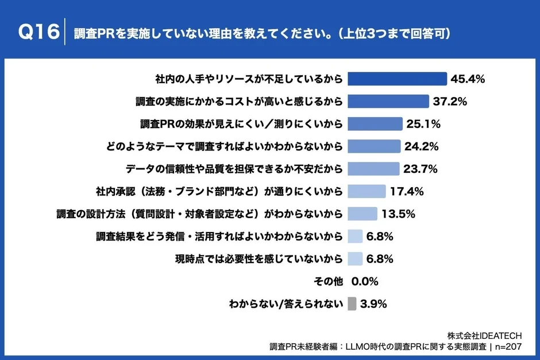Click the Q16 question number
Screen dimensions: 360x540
point(38,33)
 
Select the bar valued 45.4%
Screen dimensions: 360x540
point(398,79)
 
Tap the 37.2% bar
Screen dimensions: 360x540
point(389,101)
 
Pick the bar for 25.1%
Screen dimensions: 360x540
point(376,123)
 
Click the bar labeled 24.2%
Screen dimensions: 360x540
point(375,146)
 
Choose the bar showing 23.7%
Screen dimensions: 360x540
point(374,168)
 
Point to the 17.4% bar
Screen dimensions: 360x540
point(367,191)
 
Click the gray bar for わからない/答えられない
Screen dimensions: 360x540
point(352,303)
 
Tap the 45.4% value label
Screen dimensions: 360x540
point(468,79)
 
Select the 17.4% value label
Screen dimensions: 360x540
point(408,191)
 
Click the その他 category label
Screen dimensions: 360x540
point(329,281)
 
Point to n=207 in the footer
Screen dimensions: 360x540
point(512,347)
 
